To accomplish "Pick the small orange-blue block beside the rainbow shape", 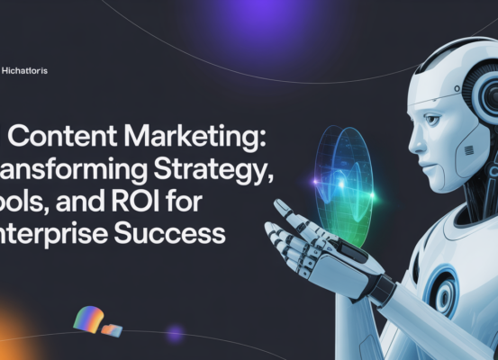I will point(112,330).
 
